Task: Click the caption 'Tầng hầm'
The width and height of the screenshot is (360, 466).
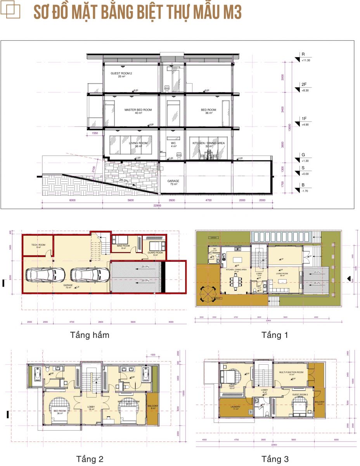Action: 90,335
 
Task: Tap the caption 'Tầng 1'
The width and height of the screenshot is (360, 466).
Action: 275,335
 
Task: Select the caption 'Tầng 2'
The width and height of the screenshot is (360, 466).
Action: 90,459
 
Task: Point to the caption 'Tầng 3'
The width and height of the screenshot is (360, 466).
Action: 275,459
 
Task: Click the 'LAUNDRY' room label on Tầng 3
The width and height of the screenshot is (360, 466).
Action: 235,408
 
